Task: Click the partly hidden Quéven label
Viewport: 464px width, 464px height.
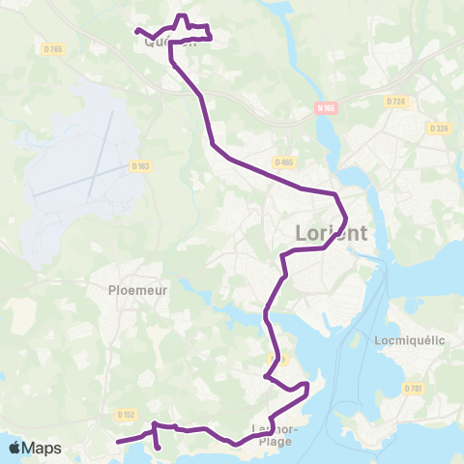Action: click(x=170, y=42)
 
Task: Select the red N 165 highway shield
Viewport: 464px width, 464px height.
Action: click(x=325, y=108)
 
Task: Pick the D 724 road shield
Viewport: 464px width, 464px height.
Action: click(x=394, y=101)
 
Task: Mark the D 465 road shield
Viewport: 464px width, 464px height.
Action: click(x=283, y=161)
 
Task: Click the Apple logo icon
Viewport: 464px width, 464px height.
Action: click(x=16, y=448)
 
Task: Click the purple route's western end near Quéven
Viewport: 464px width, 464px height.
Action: click(x=136, y=31)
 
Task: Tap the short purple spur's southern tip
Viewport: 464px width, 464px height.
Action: click(x=159, y=449)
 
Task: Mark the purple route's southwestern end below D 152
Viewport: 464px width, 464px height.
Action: click(x=118, y=442)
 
